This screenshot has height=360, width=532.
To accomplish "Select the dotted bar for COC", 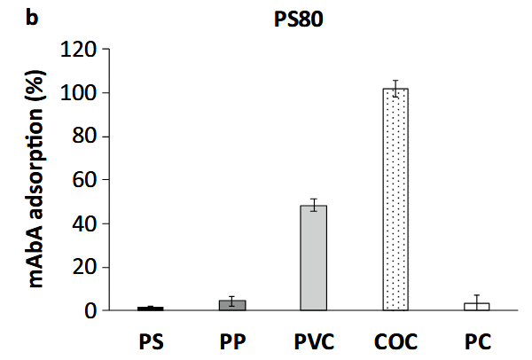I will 395,200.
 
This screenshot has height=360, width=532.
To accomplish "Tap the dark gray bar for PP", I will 233,306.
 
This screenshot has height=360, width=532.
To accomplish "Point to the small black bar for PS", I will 151,309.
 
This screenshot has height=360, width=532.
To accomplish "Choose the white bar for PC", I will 477,307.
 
